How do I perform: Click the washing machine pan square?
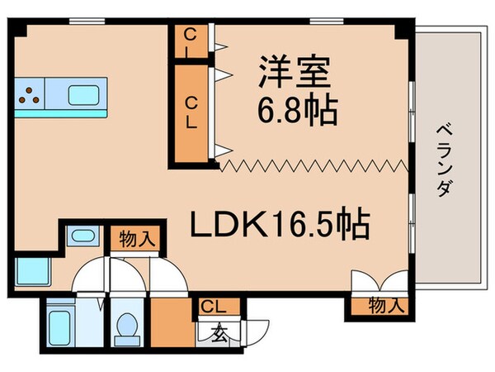(x=29, y=270)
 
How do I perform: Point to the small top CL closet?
(x=191, y=41)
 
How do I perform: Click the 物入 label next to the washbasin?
(x=137, y=239)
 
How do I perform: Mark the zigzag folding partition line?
(x=313, y=166)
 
